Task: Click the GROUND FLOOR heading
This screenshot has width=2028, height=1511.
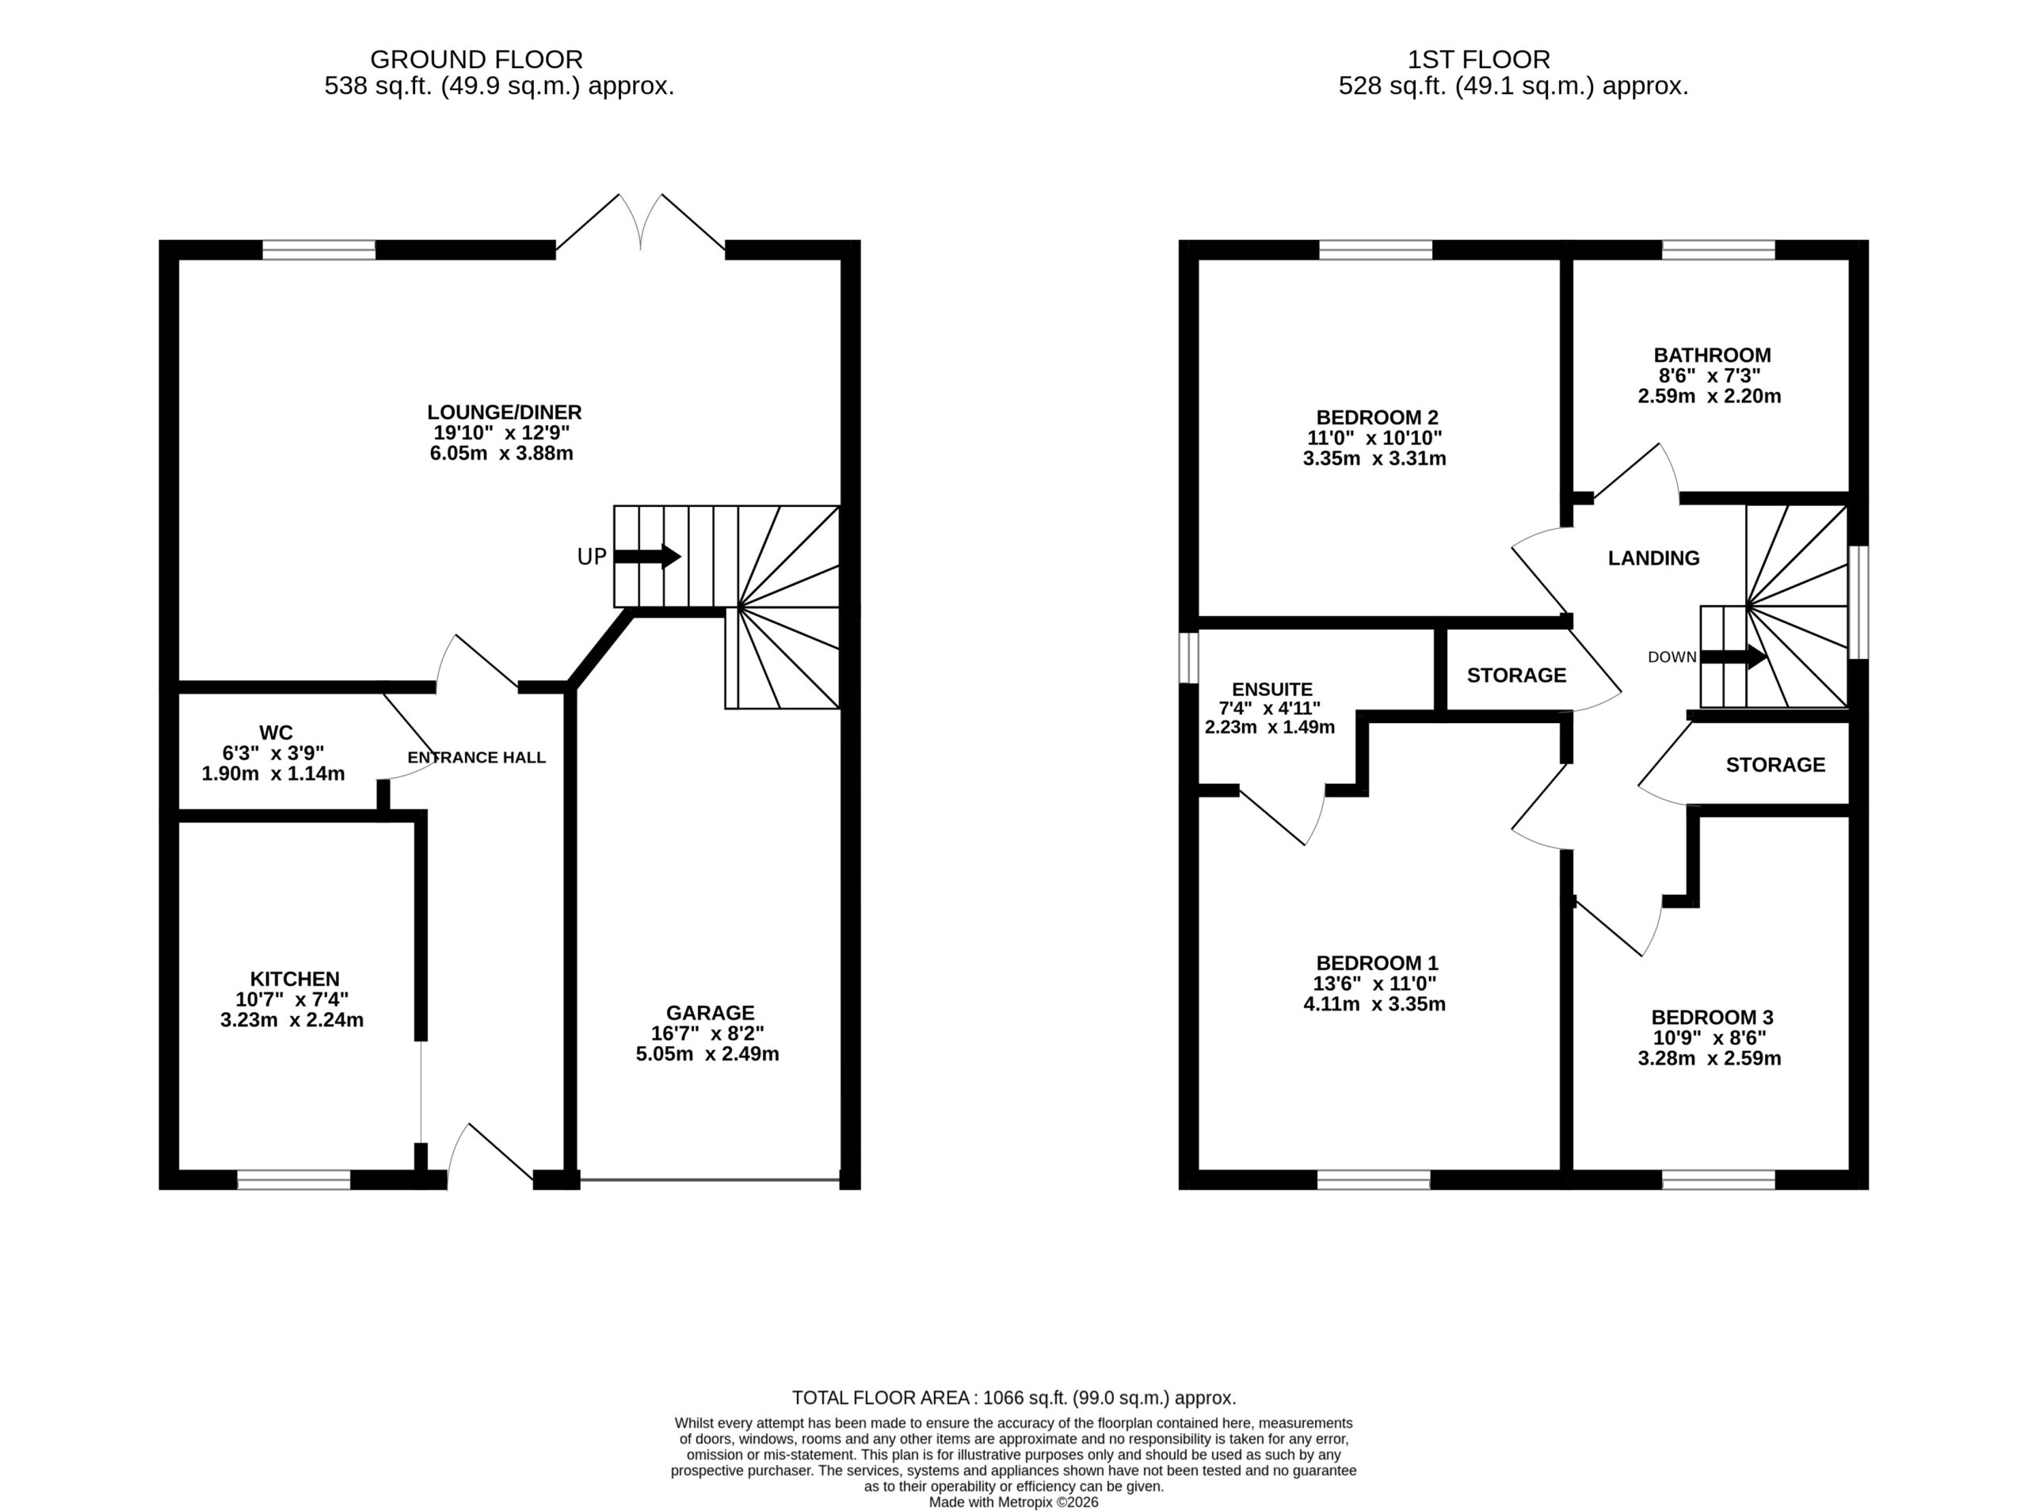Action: pyautogui.click(x=475, y=59)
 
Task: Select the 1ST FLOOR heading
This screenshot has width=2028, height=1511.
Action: pyautogui.click(x=1478, y=59)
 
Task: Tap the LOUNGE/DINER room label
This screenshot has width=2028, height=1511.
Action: pyautogui.click(x=504, y=413)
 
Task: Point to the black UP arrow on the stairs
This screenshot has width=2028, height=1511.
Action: pyautogui.click(x=646, y=556)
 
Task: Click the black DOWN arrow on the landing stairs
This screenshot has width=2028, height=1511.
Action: pyautogui.click(x=1733, y=657)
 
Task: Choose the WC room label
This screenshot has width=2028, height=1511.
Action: pyautogui.click(x=276, y=733)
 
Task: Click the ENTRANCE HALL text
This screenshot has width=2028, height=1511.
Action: pyautogui.click(x=477, y=757)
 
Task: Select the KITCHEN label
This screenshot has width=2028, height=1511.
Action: pyautogui.click(x=295, y=979)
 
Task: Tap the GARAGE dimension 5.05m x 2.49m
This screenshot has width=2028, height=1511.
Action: pyautogui.click(x=707, y=1054)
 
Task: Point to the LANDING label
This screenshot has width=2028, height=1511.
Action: pyautogui.click(x=1654, y=558)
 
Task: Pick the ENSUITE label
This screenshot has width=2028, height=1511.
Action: pyautogui.click(x=1271, y=689)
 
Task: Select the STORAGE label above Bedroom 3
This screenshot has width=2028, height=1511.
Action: pyautogui.click(x=1775, y=765)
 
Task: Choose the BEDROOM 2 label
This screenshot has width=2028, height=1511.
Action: pyautogui.click(x=1377, y=417)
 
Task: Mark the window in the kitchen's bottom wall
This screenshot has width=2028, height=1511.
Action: pyautogui.click(x=294, y=1180)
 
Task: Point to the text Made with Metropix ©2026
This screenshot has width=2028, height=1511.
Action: pyautogui.click(x=1013, y=1501)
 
